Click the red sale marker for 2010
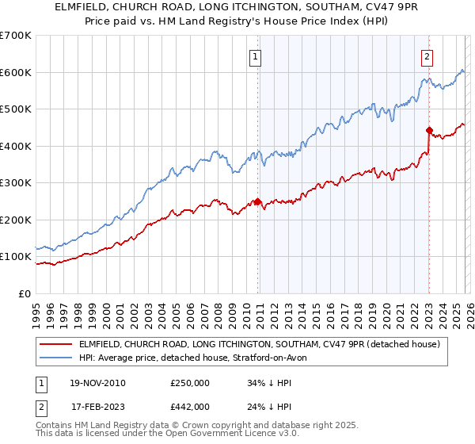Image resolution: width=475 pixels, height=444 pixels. pyautogui.click(x=257, y=201)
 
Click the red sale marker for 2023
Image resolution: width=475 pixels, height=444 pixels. pyautogui.click(x=429, y=131)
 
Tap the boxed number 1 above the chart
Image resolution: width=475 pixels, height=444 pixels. pyautogui.click(x=256, y=56)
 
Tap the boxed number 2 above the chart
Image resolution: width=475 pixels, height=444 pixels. pyautogui.click(x=427, y=56)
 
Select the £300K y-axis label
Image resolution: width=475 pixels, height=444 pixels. pyautogui.click(x=16, y=182)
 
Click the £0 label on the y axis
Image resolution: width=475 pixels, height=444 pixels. pyautogui.click(x=24, y=293)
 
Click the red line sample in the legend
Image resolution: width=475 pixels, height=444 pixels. pyautogui.click(x=57, y=344)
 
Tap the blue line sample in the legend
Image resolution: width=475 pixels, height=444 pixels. pyautogui.click(x=57, y=358)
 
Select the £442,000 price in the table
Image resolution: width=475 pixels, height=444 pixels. pyautogui.click(x=190, y=406)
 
